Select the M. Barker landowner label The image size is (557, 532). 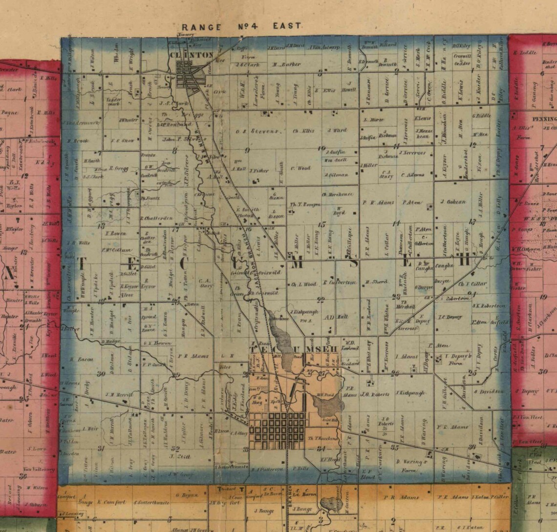click(286, 63)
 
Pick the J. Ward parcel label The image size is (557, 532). click(337, 131)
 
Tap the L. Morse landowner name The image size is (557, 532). click(374, 120)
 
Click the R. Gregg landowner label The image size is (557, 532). click(118, 168)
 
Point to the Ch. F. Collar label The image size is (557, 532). click(472, 284)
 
